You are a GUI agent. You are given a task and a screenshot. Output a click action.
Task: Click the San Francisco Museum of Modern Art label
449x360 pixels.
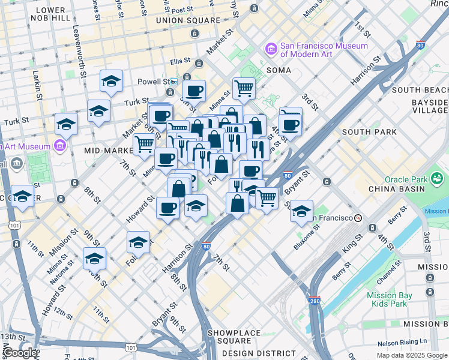point(324,50)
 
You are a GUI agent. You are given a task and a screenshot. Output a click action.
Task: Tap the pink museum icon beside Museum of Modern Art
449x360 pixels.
point(271,49)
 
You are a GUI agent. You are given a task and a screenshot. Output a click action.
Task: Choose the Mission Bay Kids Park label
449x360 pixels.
point(390,299)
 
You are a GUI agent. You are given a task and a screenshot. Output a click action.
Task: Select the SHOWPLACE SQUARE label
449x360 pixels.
point(234,333)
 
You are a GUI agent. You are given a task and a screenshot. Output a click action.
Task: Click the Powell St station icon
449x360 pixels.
point(174,81)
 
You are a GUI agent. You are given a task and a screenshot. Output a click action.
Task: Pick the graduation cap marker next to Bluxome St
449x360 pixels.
point(301,211)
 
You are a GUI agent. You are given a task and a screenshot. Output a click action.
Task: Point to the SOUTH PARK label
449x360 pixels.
point(369,132)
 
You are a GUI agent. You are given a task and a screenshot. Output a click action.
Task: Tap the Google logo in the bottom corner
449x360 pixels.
point(19,353)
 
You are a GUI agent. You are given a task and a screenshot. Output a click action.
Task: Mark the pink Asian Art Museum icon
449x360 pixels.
point(59,146)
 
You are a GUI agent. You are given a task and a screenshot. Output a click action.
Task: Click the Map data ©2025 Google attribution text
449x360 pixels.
point(412,355)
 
